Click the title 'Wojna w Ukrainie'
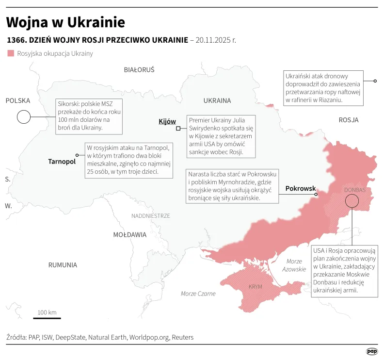point(65,22)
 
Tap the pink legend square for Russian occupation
point(11,53)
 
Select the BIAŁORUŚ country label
point(139,70)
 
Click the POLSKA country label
point(18,100)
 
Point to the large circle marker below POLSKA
point(23,117)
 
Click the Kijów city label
point(167,121)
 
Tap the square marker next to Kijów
point(178,129)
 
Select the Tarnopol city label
point(62,162)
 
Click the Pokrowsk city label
point(300,188)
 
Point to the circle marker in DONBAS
point(352,202)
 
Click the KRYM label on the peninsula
point(255,287)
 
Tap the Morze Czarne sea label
point(198,294)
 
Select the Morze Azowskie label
point(294,265)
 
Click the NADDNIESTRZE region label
point(150,215)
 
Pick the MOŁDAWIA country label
point(129,235)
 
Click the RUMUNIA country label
point(63,265)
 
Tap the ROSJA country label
point(348,120)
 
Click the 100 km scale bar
point(47,318)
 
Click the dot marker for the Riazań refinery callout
point(375,81)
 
